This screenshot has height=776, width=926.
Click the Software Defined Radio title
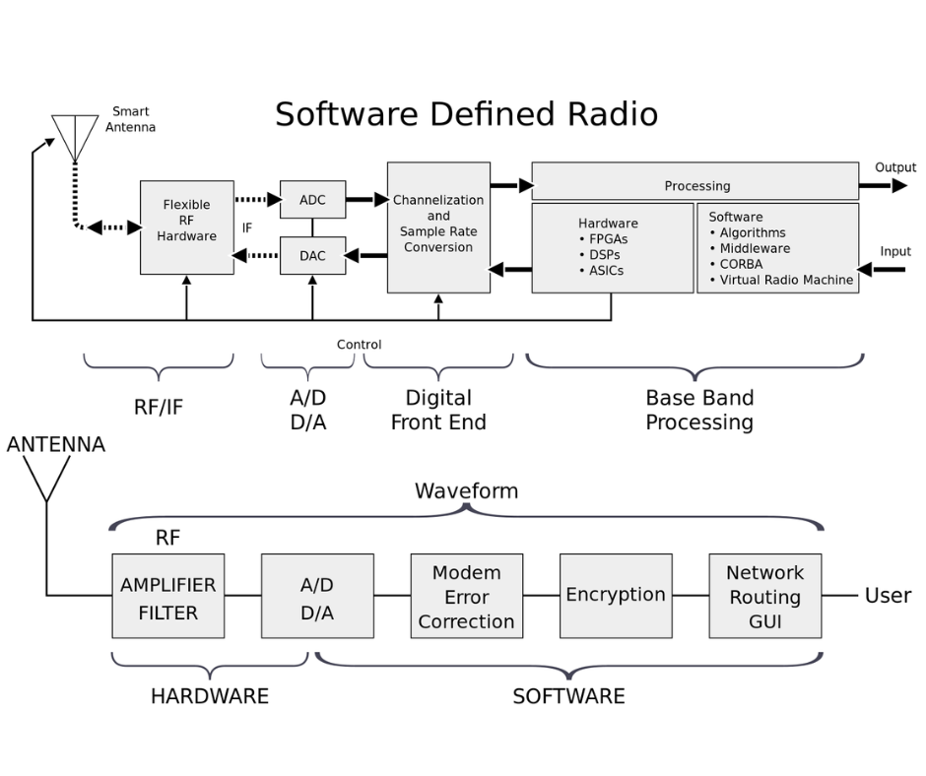coord(466,114)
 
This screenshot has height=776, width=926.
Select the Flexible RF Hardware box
coord(187,226)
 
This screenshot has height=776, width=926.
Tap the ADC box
coord(312,200)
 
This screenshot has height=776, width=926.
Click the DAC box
coord(312,255)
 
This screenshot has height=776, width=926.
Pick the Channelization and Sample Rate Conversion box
coord(438,227)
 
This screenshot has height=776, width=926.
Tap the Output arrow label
coord(894,167)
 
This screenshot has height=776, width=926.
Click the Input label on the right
coord(894,252)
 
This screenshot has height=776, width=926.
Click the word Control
coord(359,345)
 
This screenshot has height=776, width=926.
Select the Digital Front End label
coord(438,410)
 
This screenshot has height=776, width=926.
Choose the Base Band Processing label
coord(699,410)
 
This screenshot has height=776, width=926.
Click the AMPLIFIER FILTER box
coord(168,596)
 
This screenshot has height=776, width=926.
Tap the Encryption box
coord(616,596)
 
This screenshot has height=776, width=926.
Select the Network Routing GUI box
coord(765,596)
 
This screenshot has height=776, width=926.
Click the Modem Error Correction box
coord(467,596)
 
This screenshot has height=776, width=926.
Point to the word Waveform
coord(466,490)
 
